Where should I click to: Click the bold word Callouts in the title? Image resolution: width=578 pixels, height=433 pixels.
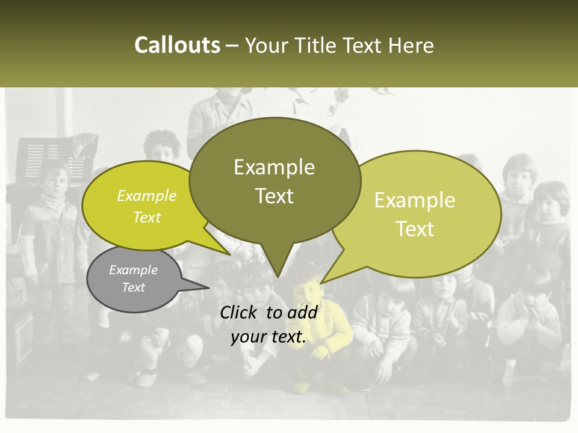177,45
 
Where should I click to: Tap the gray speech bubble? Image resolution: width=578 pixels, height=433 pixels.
134,279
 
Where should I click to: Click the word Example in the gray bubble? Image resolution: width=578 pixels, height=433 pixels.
134,270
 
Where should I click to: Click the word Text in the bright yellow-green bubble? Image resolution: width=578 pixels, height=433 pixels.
147,217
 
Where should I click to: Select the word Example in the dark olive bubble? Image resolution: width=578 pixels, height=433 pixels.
274,167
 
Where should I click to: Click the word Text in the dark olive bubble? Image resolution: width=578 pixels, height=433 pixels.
274,196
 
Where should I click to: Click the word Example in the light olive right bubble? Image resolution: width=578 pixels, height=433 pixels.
415,200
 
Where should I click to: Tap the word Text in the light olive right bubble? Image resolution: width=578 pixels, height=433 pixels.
415,229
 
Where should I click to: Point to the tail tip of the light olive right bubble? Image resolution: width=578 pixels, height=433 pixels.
322,283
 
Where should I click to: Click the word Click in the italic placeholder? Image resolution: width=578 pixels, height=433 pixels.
239,312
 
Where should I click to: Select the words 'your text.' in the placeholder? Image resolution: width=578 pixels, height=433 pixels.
269,337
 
